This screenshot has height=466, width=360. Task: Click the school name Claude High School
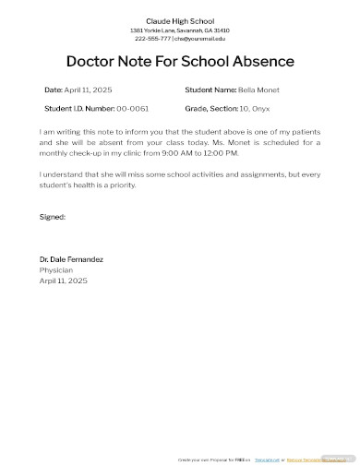pyautogui.click(x=180, y=20)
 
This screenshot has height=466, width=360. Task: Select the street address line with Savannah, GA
pyautogui.click(x=180, y=30)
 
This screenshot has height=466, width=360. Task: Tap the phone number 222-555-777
pyautogui.click(x=152, y=39)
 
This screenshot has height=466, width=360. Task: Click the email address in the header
pyautogui.click(x=199, y=39)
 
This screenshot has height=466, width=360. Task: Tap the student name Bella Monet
pyautogui.click(x=258, y=90)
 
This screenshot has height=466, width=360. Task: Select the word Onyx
pyautogui.click(x=262, y=109)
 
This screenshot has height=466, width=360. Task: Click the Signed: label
pyautogui.click(x=53, y=217)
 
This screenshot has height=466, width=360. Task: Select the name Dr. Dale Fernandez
pyautogui.click(x=71, y=259)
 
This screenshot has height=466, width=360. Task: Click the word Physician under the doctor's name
pyautogui.click(x=56, y=269)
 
